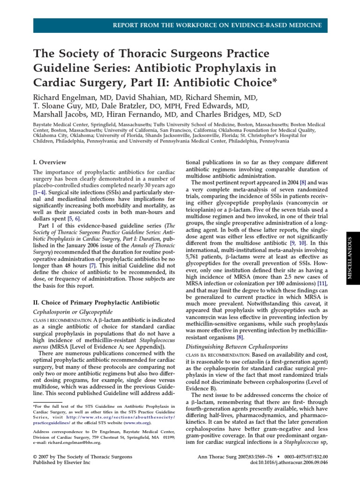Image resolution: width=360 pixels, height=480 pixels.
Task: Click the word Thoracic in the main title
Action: click(127, 53)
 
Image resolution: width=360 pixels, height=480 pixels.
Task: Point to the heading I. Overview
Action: click(49, 162)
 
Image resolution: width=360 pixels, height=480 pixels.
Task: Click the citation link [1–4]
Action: click(40, 193)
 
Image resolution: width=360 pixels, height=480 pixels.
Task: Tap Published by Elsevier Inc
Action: click(61, 463)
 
